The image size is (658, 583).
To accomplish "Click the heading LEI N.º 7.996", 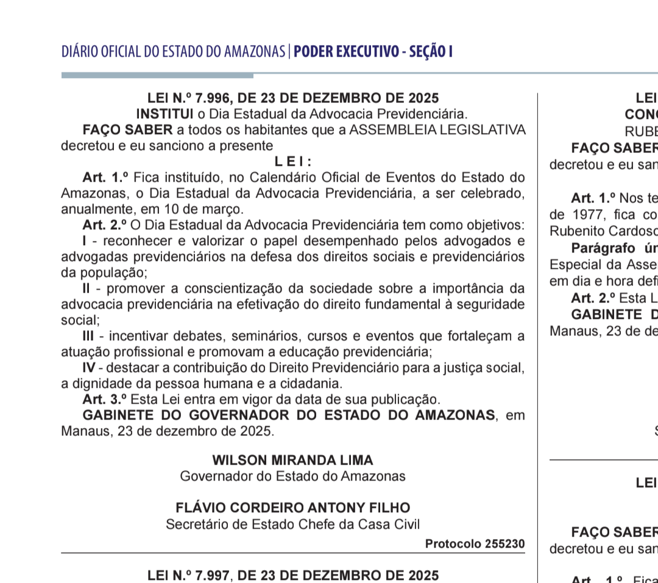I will pyautogui.click(x=292, y=98).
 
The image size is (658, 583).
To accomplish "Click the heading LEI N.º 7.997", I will pyautogui.click(x=292, y=575).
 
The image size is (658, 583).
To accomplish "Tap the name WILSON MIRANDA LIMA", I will pyautogui.click(x=292, y=460).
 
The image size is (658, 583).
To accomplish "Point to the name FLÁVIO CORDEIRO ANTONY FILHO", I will pyautogui.click(x=292, y=508).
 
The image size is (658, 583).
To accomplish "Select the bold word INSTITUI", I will pyautogui.click(x=160, y=114).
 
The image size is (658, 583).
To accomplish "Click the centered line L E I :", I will pyautogui.click(x=292, y=162).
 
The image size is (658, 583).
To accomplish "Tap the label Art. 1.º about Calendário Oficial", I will pyautogui.click(x=105, y=177).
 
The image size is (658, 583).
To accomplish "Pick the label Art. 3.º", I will pyautogui.click(x=105, y=400).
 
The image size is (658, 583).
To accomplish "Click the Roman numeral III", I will pyautogui.click(x=89, y=336).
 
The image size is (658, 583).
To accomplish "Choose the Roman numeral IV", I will pyautogui.click(x=90, y=368).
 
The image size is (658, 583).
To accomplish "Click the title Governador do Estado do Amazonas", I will pyautogui.click(x=292, y=476).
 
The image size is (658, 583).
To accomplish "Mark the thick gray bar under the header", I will pyautogui.click(x=157, y=76).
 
